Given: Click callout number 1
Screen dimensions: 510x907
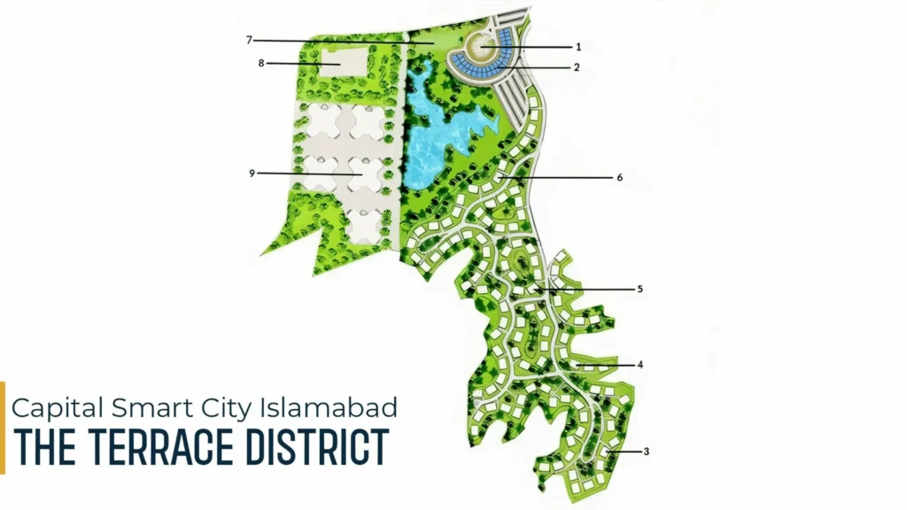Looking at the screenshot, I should (578, 46).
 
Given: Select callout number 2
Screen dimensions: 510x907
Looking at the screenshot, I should (577, 67).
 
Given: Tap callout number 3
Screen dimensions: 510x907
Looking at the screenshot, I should (647, 452).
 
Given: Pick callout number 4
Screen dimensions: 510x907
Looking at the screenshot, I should (640, 364).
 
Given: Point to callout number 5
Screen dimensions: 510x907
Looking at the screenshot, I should (640, 289).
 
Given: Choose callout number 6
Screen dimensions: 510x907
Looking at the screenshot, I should (620, 177).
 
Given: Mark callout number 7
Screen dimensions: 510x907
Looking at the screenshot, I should (251, 40).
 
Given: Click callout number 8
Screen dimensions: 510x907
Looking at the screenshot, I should (262, 63).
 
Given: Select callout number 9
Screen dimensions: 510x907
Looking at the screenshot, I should (252, 174).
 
